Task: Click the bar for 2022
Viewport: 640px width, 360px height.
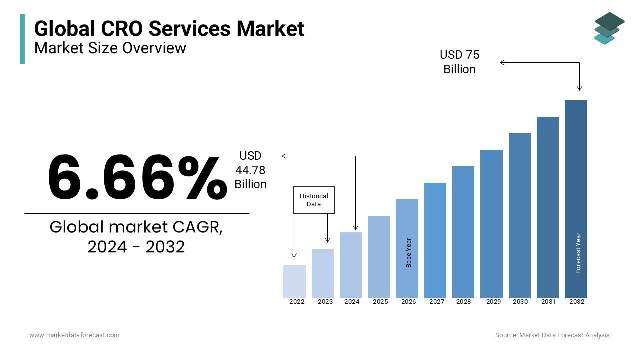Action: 294,282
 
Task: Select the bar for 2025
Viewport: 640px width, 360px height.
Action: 379,257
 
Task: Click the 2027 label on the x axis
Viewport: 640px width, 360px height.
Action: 436,302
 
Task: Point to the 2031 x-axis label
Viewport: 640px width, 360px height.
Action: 548,302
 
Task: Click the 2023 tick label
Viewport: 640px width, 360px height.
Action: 325,302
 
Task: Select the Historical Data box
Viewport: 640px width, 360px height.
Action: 314,200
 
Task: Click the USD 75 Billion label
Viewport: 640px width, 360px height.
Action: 459,62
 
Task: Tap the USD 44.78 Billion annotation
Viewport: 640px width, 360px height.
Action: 250,170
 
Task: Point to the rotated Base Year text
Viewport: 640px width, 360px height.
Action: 409,253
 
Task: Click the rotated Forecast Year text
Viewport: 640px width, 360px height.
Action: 578,253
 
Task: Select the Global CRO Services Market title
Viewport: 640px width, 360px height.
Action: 169,28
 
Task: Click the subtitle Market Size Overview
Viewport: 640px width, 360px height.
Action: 110,48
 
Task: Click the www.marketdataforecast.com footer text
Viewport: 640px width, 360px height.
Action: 74,335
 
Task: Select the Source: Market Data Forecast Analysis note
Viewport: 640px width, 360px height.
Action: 552,335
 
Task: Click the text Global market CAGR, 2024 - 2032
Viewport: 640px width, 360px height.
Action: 136,236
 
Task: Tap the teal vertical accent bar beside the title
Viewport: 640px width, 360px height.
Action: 22,39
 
